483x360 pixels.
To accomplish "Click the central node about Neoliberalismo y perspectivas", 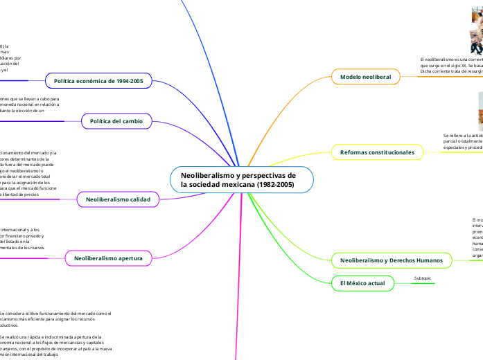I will coord(242,180).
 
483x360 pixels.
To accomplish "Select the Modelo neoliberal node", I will coord(366,76).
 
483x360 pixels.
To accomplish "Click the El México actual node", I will coord(358,283).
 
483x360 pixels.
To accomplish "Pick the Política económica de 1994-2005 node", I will coord(98,81).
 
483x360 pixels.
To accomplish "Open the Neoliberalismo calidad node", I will coord(118,199).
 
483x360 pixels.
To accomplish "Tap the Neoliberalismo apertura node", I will coord(114,258).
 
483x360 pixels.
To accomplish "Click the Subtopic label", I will coord(422,278).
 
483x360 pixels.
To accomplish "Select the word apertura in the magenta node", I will coord(130,258).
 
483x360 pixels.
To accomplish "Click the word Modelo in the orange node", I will coord(350,76).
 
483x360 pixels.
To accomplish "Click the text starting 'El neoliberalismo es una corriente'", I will coord(450,61).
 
